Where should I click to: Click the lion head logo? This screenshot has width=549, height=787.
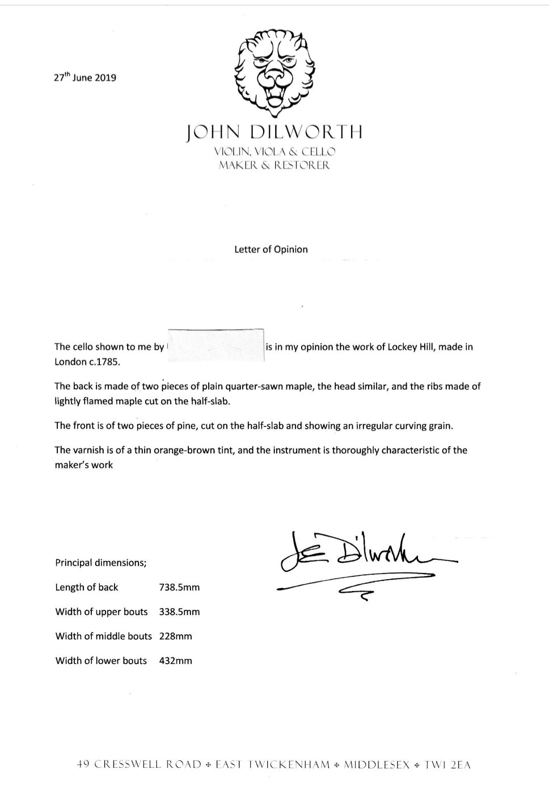pos(274,71)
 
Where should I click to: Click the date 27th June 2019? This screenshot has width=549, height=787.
pos(85,78)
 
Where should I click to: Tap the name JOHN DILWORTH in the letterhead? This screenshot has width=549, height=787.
pos(274,133)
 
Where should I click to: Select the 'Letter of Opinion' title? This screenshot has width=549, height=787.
pos(271,249)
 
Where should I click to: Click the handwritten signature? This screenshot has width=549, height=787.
pos(363,559)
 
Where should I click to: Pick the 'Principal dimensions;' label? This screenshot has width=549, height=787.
pos(101,563)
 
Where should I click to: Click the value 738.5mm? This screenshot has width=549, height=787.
pos(179,588)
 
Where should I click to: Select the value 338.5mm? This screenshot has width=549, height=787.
pos(179,612)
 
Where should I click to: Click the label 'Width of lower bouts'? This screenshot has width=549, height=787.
pos(101,661)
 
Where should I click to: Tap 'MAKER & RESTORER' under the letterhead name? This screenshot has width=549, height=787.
pos(274,166)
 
